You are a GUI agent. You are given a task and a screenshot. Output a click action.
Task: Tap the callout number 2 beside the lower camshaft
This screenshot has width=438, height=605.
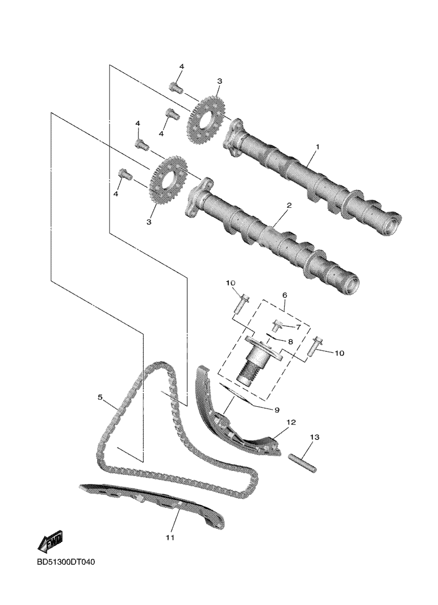[x=289, y=205]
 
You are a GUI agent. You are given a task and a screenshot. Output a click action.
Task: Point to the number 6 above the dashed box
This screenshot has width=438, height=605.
[x=285, y=295]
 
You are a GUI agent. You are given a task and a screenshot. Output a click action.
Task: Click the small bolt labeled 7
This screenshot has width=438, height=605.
[x=277, y=326]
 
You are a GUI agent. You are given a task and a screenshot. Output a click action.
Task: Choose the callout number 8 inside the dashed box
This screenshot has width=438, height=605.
[x=290, y=342]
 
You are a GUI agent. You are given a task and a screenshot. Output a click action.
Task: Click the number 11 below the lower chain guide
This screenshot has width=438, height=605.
[x=170, y=537]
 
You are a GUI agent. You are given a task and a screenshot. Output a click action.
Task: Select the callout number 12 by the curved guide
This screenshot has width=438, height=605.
[x=291, y=423]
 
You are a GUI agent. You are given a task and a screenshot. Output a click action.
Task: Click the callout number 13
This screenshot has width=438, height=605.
[x=315, y=437]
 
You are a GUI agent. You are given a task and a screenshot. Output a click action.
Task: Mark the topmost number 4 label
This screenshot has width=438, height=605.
[x=181, y=66]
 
